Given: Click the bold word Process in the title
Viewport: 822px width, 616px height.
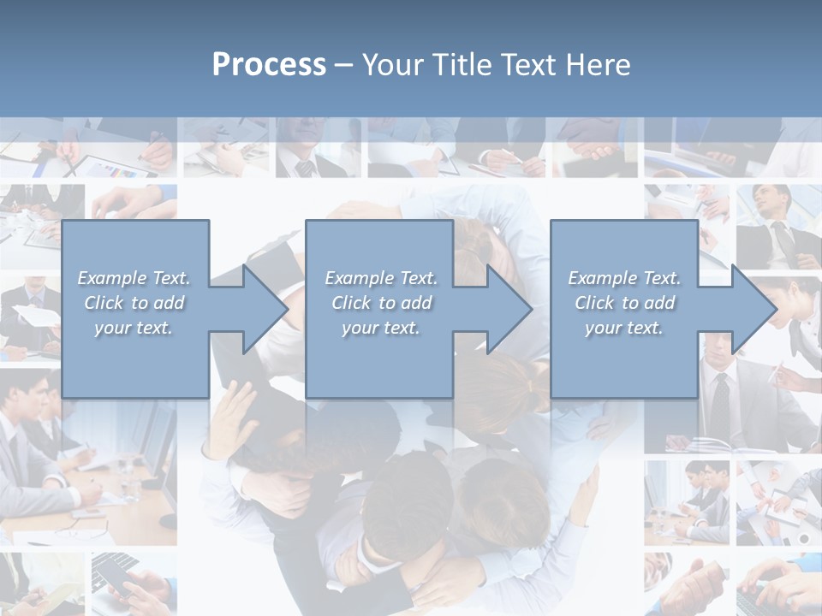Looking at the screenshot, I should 269,65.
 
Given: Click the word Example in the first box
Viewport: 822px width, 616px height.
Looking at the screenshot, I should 112,278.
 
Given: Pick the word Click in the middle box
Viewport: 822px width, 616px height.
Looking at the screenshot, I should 350,303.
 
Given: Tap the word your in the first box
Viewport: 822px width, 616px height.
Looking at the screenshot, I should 111,328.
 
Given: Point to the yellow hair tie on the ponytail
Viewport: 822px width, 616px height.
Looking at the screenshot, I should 530,387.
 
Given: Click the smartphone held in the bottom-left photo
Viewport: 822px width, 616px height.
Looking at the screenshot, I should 116,575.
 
